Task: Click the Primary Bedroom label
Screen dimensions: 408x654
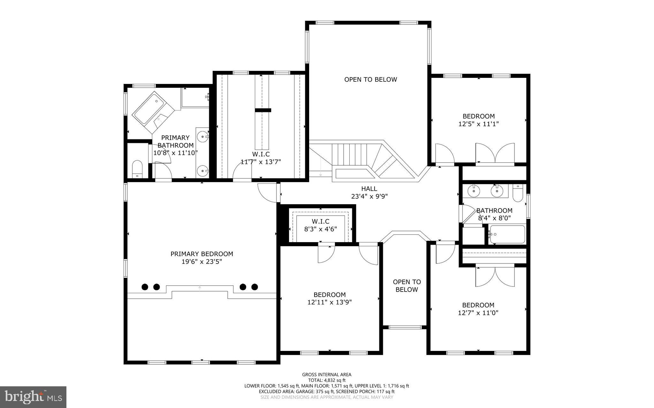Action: tap(202, 254)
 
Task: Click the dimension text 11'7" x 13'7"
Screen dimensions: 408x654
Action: tap(261, 162)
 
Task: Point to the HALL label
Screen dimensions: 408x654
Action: tap(369, 189)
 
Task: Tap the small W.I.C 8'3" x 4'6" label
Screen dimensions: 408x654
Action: tap(320, 221)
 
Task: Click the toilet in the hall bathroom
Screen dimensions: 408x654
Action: tap(517, 193)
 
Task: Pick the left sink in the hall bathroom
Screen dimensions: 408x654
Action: tap(474, 191)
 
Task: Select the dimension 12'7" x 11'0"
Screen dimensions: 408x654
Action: tap(478, 313)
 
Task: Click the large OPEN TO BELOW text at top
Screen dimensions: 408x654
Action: tap(370, 79)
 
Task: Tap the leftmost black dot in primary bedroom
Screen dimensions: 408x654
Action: tap(145, 287)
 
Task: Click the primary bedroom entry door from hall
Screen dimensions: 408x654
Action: tap(268, 193)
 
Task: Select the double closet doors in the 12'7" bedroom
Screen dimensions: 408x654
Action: tap(495, 276)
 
